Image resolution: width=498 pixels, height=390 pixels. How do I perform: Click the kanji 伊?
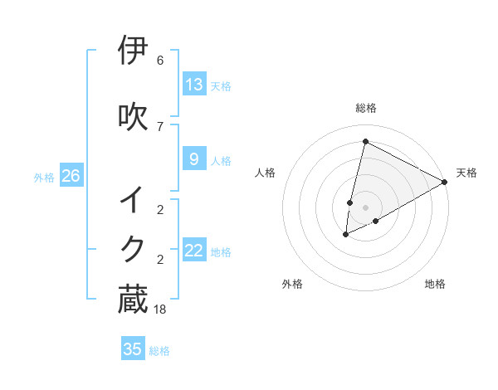point(133,51)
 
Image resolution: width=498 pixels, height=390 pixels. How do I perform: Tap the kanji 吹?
point(133,116)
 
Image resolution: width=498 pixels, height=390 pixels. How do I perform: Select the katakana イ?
point(133,200)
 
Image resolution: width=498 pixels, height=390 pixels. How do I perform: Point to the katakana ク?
point(133,248)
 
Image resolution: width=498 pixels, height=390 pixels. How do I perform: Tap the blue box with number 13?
point(194,85)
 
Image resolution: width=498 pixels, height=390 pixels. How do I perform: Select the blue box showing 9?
point(194,159)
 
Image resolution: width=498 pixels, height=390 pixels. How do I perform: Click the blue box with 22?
point(194,251)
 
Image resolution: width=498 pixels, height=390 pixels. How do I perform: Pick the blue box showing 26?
point(71,176)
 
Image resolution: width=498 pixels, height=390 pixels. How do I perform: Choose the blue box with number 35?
point(133,349)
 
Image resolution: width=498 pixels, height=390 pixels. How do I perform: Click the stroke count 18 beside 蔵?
point(160,309)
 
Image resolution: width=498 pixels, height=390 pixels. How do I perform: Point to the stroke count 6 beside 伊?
point(160,61)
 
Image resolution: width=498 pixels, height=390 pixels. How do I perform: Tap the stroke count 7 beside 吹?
point(160,126)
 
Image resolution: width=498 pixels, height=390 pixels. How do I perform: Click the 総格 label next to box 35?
point(159,351)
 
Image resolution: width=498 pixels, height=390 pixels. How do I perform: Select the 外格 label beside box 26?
point(44,177)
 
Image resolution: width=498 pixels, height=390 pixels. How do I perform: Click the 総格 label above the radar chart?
point(366,108)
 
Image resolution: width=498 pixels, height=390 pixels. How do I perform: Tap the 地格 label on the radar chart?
point(435,284)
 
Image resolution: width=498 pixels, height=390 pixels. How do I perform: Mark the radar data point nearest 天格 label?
point(445,182)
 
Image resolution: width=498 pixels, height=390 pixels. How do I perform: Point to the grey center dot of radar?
point(366,207)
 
